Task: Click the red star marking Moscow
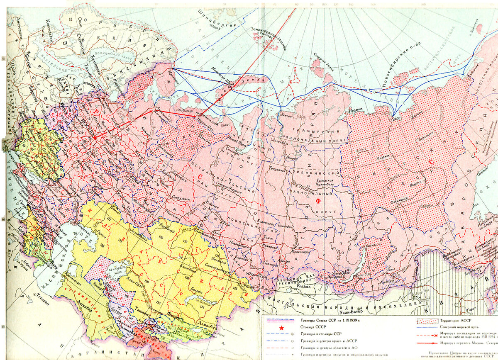(x=95, y=137)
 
